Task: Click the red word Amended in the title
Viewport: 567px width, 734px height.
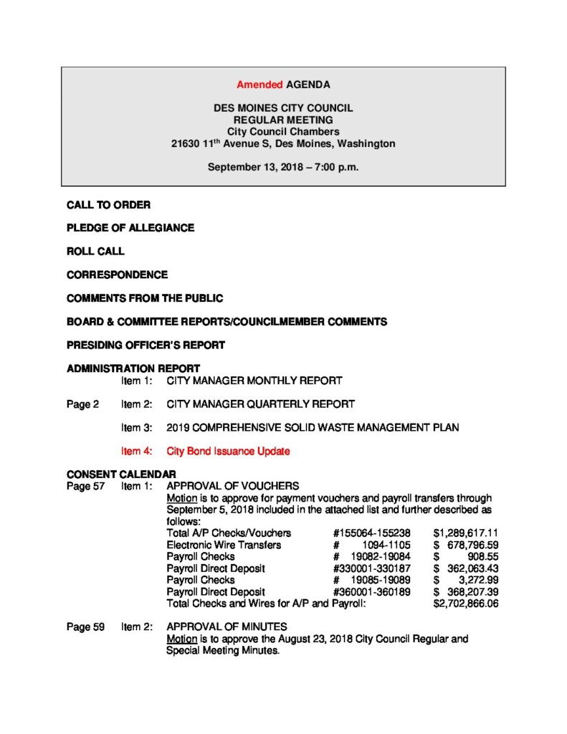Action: click(x=259, y=85)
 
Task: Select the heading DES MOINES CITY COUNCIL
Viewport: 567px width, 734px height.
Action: click(x=283, y=108)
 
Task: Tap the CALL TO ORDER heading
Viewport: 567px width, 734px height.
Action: click(x=108, y=205)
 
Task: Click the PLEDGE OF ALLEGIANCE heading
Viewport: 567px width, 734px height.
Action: click(x=130, y=228)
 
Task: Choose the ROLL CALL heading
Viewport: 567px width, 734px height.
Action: click(x=95, y=252)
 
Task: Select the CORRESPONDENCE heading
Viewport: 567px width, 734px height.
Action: click(x=117, y=275)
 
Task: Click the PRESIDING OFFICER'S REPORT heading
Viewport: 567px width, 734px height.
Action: click(x=146, y=345)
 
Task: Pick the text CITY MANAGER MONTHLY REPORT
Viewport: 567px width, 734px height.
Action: click(x=254, y=381)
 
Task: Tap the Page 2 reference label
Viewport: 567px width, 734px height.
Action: click(x=83, y=404)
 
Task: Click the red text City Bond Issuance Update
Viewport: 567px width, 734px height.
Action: click(x=228, y=451)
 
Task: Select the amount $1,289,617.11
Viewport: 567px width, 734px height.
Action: click(x=466, y=533)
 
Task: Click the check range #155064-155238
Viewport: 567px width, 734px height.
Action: click(x=371, y=533)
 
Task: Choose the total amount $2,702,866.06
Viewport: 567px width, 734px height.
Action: click(x=466, y=604)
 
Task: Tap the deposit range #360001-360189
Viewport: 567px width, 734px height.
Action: click(x=371, y=592)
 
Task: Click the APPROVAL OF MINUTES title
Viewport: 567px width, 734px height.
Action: click(x=227, y=626)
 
